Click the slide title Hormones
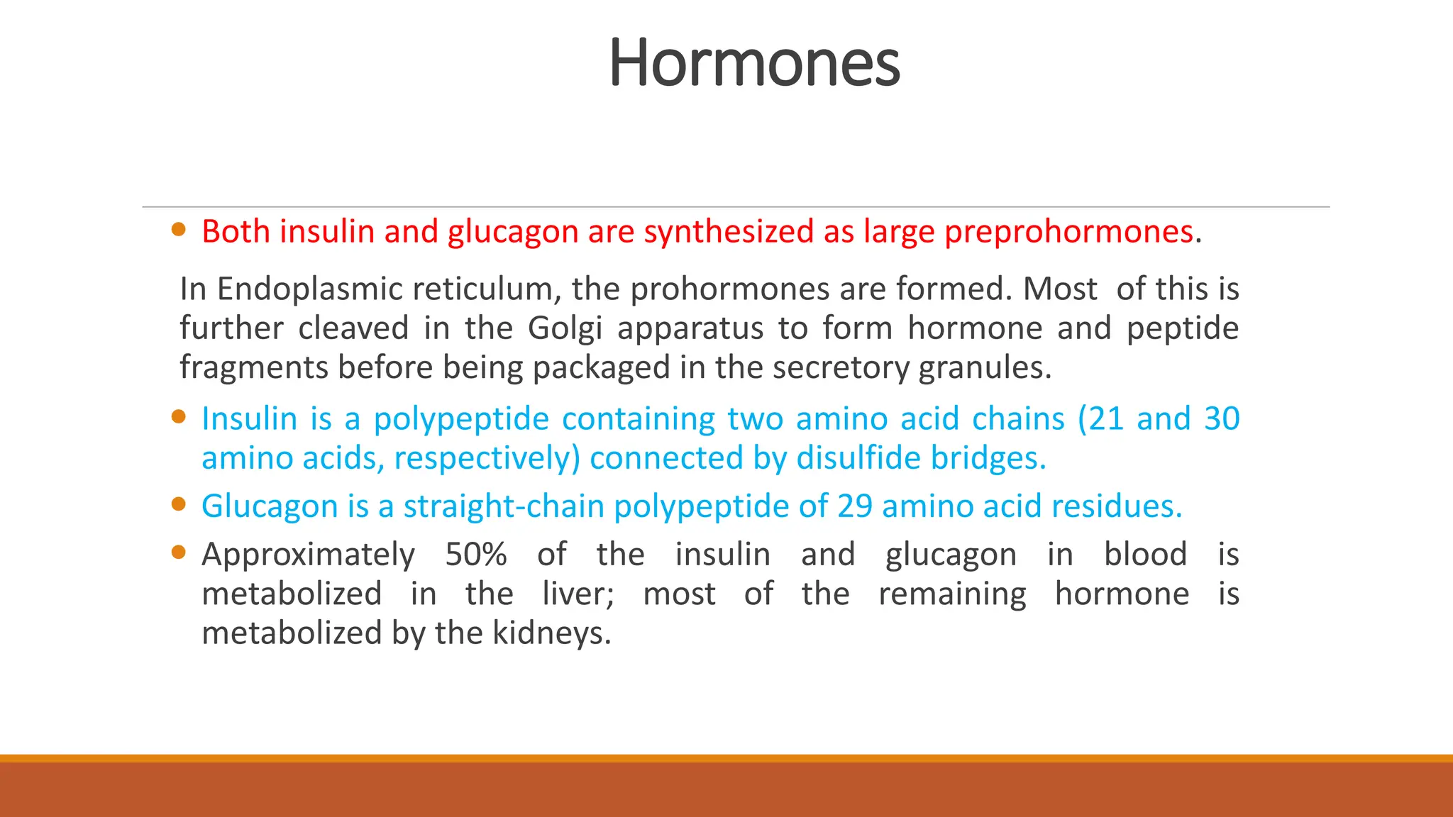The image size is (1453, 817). pos(754,64)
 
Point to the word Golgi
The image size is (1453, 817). pos(565,328)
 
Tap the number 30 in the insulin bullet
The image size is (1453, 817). pos(1222,419)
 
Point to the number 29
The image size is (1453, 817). pos(854,506)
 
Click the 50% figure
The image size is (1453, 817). pos(475,555)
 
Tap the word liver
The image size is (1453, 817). pos(578,594)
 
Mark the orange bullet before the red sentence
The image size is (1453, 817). pos(179,229)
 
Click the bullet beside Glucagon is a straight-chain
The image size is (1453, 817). pos(179,504)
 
